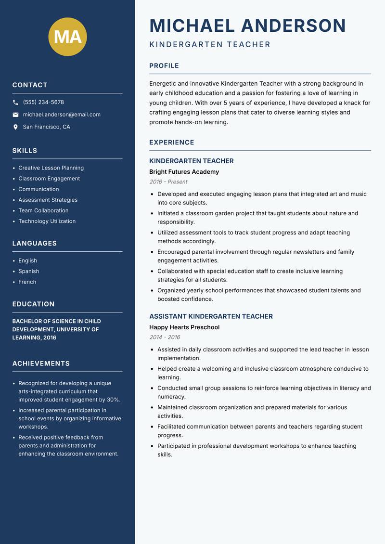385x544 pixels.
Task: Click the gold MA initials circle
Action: pos(67,37)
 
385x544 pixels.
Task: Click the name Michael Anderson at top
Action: pos(247,26)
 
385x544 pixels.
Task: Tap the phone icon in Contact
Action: pos(15,103)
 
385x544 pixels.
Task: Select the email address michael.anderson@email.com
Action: pos(62,115)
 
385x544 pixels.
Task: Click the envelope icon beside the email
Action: pos(15,115)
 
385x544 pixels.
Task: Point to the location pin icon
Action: pos(15,127)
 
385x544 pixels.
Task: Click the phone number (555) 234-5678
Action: pos(43,103)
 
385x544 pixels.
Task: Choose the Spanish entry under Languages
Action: pos(28,272)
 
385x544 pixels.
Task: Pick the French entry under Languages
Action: pos(27,282)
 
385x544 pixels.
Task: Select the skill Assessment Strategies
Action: pos(48,200)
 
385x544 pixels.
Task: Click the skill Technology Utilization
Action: pos(47,221)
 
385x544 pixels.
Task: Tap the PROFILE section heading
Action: pos(164,66)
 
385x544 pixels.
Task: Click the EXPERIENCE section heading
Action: pos(171,142)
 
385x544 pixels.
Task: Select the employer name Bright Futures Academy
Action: pos(184,172)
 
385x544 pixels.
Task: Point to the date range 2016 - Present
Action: pos(168,182)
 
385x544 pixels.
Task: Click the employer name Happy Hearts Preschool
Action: pos(184,327)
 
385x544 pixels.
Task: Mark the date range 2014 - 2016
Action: pos(164,337)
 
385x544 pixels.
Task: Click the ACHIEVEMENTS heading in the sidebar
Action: pos(41,363)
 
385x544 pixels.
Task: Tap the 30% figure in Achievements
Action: pos(113,400)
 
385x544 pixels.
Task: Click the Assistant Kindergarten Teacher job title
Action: pos(211,316)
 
